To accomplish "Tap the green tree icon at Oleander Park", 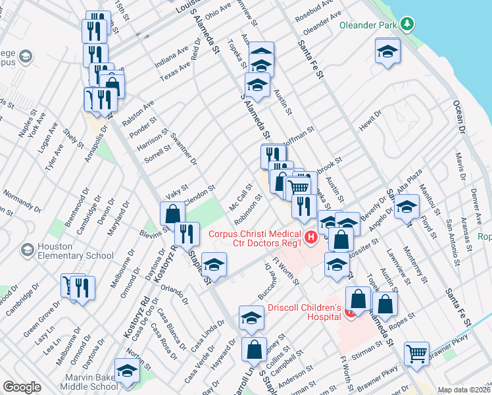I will click(408, 24).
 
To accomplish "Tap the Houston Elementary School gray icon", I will click(27, 250).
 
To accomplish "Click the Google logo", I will click(22, 386).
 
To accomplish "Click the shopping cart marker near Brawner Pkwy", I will click(416, 354).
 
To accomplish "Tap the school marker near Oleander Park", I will click(388, 50).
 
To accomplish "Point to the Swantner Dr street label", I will click(184, 148).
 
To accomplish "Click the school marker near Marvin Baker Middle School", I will click(127, 370).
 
